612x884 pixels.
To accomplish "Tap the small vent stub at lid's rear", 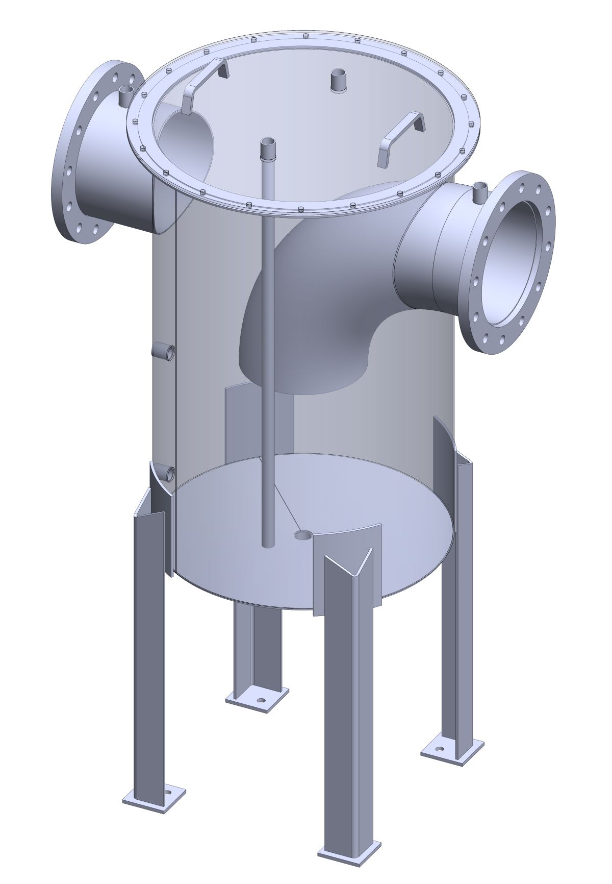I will [338, 81].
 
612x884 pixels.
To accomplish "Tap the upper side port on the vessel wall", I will [165, 351].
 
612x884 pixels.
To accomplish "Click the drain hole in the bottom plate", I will [303, 535].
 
